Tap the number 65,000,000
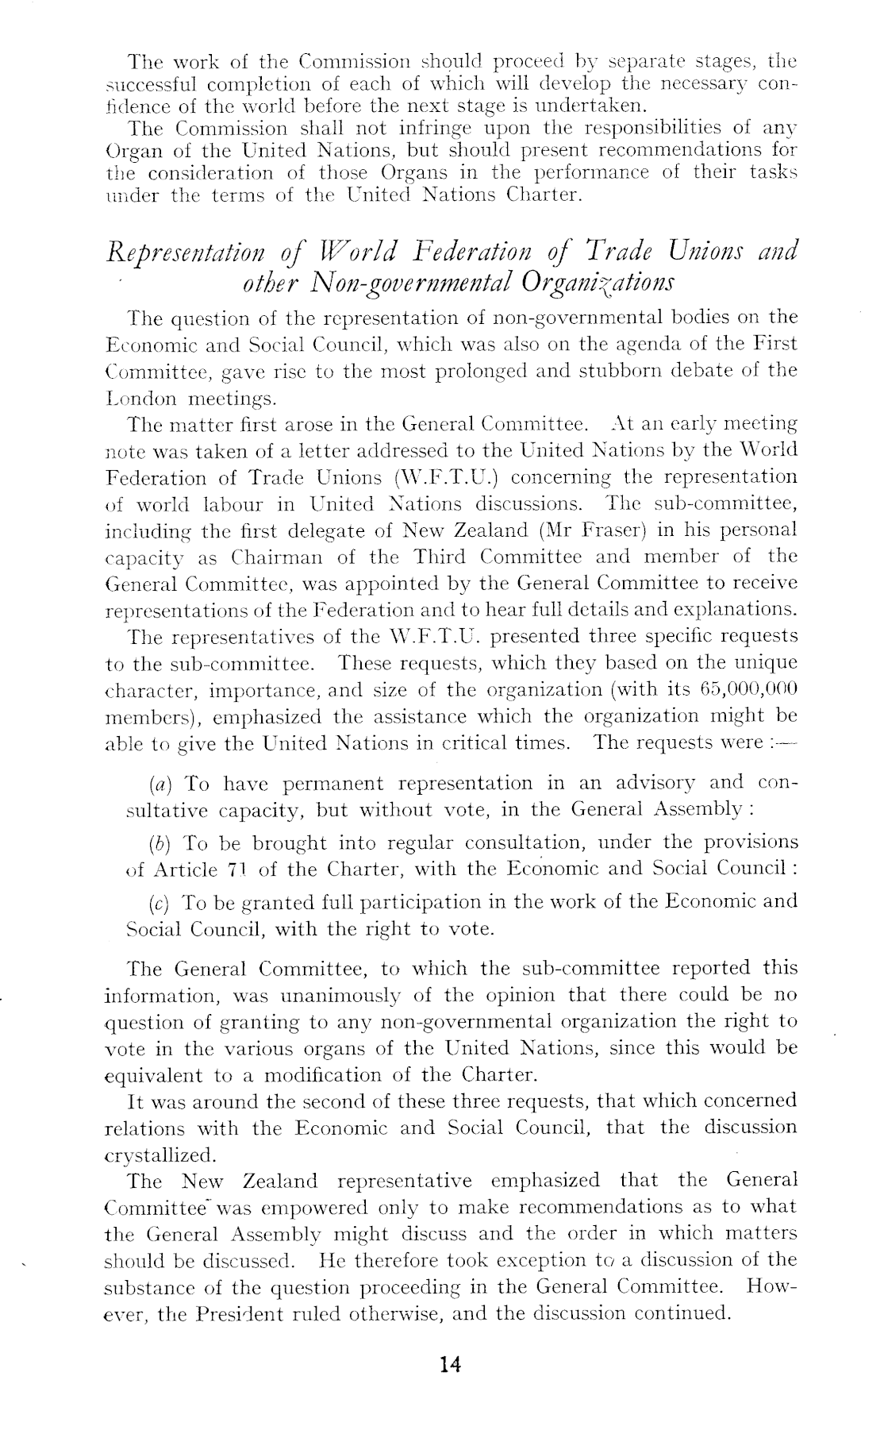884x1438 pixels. pyautogui.click(x=737, y=689)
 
